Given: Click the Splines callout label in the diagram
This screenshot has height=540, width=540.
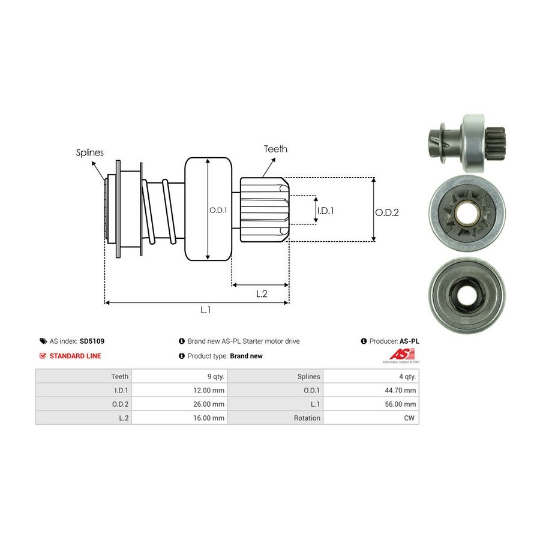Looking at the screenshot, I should coord(89,152).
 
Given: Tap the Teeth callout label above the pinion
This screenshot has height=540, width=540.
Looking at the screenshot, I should coord(275,149).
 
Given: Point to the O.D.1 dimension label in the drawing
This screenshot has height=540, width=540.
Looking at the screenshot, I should coord(218,210).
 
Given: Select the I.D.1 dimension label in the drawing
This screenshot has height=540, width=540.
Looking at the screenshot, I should coord(325,211).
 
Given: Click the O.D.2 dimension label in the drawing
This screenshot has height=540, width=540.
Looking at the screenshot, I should coord(387,212).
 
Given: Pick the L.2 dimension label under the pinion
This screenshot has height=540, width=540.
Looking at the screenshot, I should coord(262,293).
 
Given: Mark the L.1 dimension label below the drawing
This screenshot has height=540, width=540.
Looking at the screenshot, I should coord(206,310).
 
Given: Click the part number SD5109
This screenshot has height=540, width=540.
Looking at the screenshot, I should coord(92,341).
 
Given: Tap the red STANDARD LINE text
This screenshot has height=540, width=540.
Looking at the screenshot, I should coord(75,356).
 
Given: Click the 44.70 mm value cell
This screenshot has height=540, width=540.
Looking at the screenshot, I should coord(401,390).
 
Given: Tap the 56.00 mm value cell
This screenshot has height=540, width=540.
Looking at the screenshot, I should coord(401,404).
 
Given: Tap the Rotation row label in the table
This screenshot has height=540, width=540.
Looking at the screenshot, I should coord(307,418).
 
